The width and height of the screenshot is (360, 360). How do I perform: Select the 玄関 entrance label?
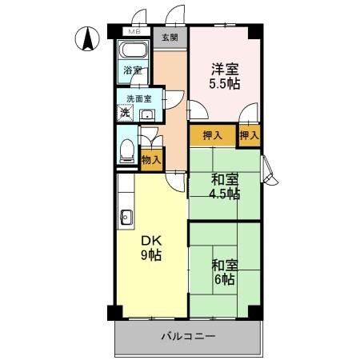[170, 37]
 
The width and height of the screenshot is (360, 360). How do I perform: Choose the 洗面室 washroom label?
[139, 99]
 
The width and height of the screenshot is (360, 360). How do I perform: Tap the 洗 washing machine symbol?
[125, 113]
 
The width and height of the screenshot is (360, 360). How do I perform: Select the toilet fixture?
[126, 150]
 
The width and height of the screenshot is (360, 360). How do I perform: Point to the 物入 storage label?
[151, 160]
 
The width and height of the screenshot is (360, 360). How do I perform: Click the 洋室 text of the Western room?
[225, 68]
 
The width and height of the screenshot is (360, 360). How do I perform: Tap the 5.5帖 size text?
[225, 83]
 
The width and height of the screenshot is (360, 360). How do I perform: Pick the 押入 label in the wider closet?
[213, 135]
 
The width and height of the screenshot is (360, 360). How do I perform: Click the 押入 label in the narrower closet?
[250, 135]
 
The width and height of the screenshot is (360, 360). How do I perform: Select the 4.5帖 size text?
[225, 194]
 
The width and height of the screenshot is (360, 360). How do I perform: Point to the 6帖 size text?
[224, 279]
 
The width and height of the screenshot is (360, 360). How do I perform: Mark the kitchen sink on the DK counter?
[125, 216]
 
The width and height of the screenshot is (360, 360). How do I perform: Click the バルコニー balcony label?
[187, 337]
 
